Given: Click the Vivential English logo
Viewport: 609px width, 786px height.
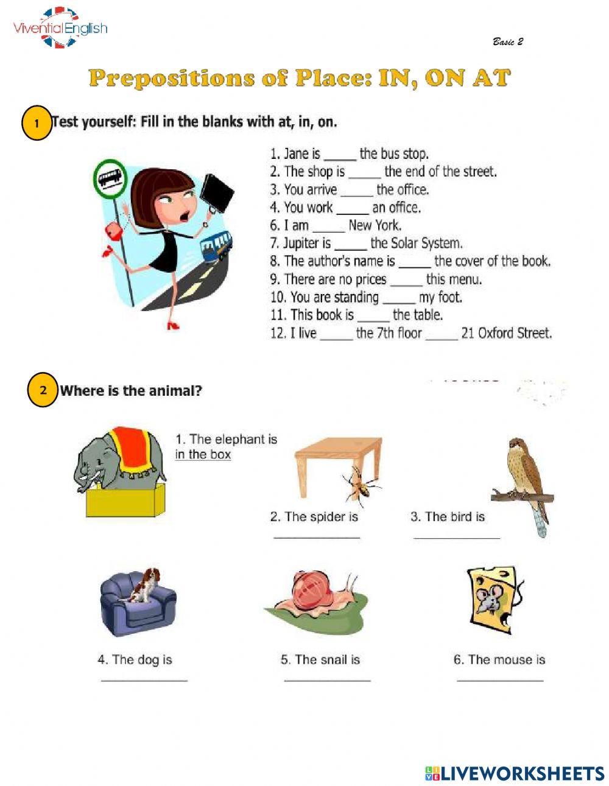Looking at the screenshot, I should [x=60, y=27].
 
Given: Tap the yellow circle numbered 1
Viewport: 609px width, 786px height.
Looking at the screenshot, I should [x=36, y=124].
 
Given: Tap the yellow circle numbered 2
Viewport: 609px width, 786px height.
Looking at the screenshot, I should [x=43, y=390].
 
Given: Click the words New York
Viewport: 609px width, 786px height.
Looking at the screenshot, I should [x=375, y=226].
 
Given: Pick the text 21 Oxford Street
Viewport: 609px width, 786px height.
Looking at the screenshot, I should [x=506, y=334].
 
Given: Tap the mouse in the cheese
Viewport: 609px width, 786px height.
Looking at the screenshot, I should [x=489, y=602].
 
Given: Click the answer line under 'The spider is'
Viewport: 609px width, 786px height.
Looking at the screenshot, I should [x=317, y=536].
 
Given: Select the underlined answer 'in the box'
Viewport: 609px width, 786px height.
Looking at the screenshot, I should [x=203, y=455].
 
